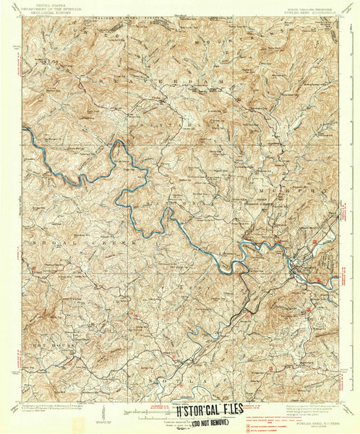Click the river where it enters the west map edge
click(25, 131)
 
